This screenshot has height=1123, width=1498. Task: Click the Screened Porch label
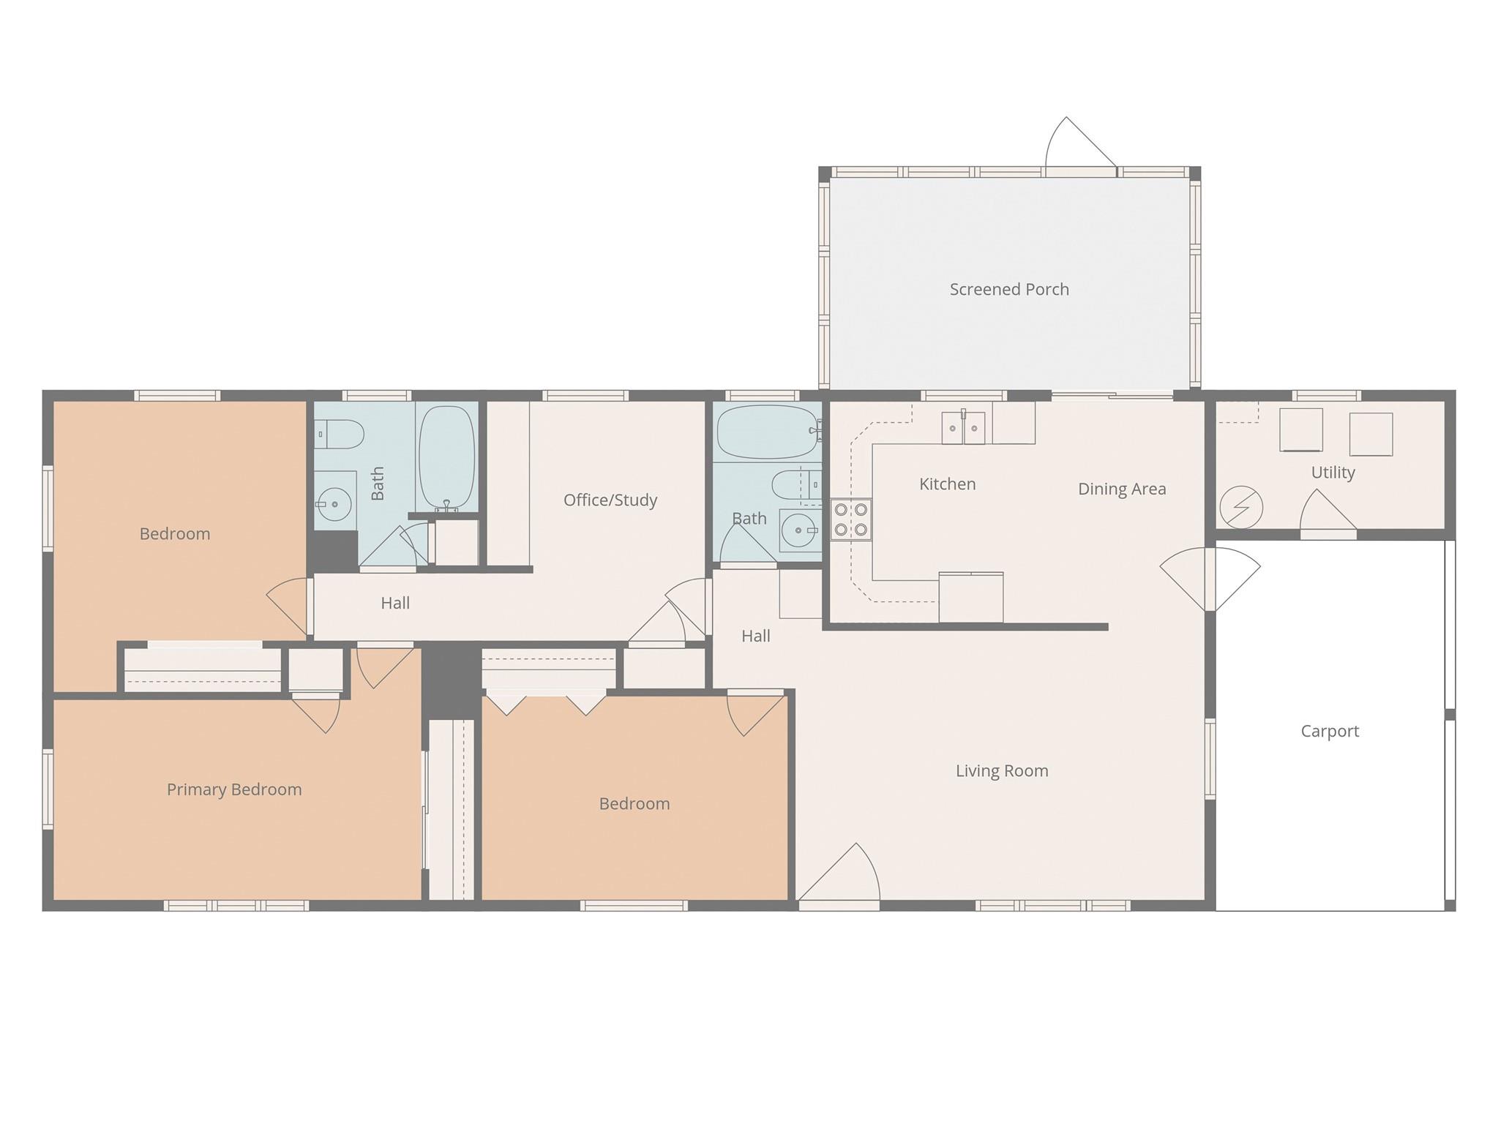click(x=1008, y=290)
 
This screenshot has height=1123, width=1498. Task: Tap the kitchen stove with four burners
click(x=851, y=519)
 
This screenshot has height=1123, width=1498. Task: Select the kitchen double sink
click(x=963, y=428)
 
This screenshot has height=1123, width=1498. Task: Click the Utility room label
click(x=1332, y=473)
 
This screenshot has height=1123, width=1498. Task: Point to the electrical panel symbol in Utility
click(x=1241, y=506)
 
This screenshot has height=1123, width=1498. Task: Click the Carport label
click(x=1329, y=731)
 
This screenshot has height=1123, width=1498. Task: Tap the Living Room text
click(x=1001, y=770)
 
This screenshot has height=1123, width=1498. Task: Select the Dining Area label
click(x=1121, y=489)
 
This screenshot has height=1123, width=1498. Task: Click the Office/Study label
click(x=610, y=500)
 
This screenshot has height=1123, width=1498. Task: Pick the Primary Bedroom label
click(x=233, y=789)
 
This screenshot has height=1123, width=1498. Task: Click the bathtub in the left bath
click(x=446, y=457)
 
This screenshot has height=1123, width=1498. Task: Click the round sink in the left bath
click(x=334, y=504)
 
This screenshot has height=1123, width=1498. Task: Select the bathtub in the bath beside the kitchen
click(x=766, y=432)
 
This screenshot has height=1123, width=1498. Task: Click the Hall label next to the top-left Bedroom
click(x=394, y=604)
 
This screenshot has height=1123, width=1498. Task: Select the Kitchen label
click(x=947, y=484)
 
